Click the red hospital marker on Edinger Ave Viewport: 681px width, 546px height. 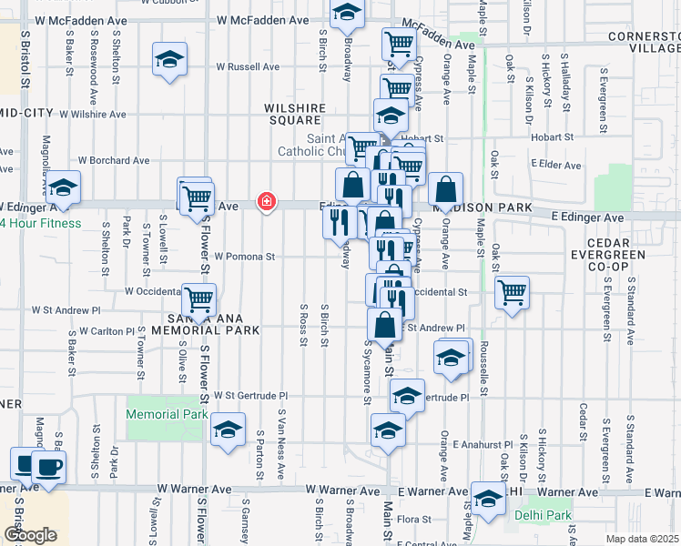tap(267, 201)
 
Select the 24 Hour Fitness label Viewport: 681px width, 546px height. tap(41, 224)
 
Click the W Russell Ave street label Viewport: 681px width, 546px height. tap(248, 66)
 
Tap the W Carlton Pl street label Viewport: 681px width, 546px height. tap(107, 331)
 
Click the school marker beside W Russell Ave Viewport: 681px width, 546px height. tap(169, 59)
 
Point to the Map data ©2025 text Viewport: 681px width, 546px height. tap(643, 539)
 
